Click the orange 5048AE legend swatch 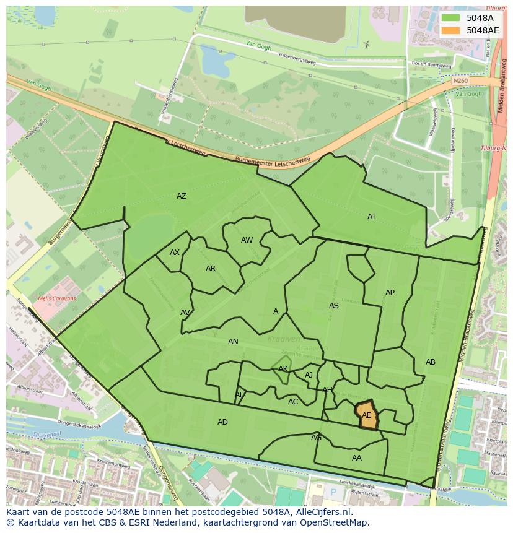click(x=451, y=30)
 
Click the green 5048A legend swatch click(x=451, y=18)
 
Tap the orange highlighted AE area click(x=367, y=415)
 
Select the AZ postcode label click(x=182, y=196)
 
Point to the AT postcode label click(x=372, y=217)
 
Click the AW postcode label click(x=247, y=240)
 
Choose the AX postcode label click(x=175, y=253)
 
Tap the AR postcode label click(x=211, y=269)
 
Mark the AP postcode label click(x=390, y=293)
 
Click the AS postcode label click(x=334, y=306)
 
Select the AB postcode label click(x=431, y=362)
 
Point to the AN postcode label click(x=233, y=342)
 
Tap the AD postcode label click(x=222, y=422)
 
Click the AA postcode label click(x=357, y=458)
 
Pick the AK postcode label click(x=283, y=369)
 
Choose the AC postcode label click(x=293, y=402)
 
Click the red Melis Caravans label click(x=57, y=298)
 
